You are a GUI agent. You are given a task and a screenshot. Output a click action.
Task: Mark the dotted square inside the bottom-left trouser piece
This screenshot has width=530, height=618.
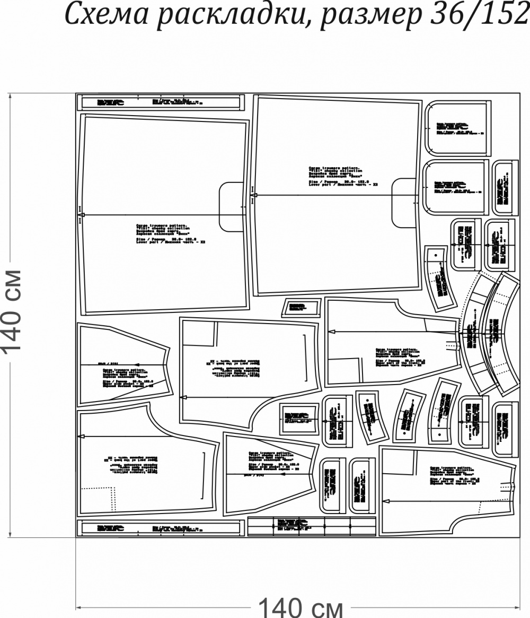click(100, 499)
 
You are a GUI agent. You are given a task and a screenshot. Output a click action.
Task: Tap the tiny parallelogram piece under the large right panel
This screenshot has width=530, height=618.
click(302, 307)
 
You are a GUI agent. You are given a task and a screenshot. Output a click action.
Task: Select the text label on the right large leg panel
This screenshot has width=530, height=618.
click(342, 176)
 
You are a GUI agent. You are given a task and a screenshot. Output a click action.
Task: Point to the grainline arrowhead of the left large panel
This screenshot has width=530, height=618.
click(81, 215)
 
